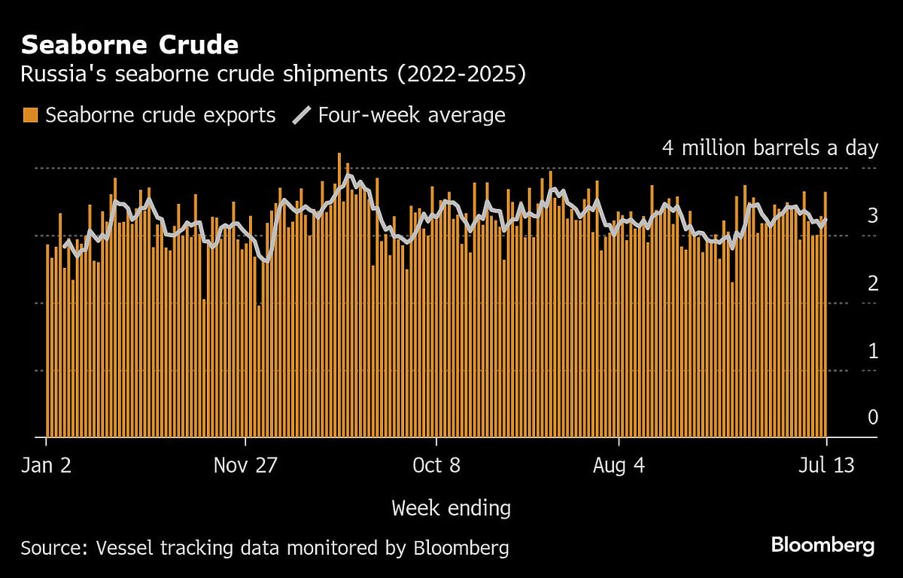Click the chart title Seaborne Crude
[x=129, y=45]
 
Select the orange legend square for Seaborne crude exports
[x=30, y=115]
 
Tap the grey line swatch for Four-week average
[x=301, y=115]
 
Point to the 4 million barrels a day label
[x=770, y=148]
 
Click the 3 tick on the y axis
[x=872, y=216]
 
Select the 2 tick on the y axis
[x=872, y=284]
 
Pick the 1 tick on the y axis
[x=872, y=351]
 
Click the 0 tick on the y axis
[x=872, y=417]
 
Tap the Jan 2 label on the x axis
[x=47, y=466]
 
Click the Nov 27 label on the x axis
[x=245, y=466]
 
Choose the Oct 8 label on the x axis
[x=436, y=466]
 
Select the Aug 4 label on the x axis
[x=619, y=466]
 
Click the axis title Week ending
[x=451, y=508]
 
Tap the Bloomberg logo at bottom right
[x=822, y=546]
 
